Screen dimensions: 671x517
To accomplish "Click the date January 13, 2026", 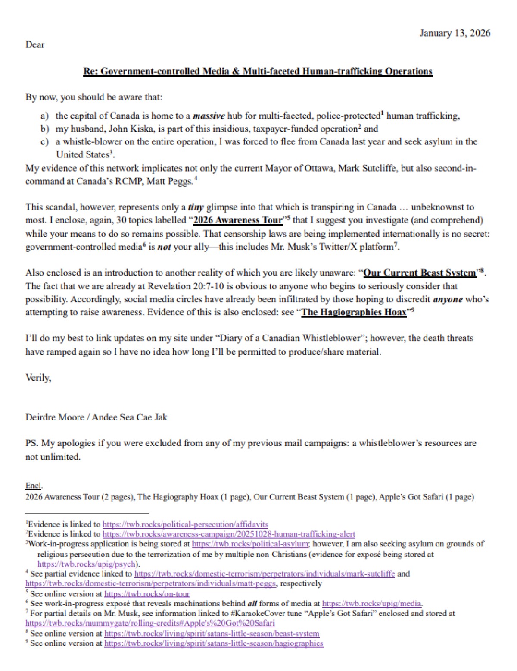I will [x=455, y=33].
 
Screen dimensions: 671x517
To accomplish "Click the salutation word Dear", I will [x=35, y=44].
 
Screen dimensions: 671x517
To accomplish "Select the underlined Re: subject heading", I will [x=258, y=71].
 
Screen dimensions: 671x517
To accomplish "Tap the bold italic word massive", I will [x=209, y=116].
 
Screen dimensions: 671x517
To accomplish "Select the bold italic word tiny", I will [x=196, y=207].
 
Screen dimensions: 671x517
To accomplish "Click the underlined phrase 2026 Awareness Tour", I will [x=238, y=220].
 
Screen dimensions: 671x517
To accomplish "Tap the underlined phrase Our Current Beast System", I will [x=420, y=273].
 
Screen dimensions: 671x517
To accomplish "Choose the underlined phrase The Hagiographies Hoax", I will [x=354, y=312].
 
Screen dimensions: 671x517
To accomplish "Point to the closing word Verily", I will [x=38, y=378].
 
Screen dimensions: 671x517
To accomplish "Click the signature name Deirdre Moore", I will [x=55, y=417].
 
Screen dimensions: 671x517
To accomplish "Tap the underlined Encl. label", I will [x=34, y=486].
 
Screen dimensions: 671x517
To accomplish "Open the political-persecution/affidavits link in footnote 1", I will [x=185, y=524].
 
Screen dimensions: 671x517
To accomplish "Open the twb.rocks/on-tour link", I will [x=147, y=594].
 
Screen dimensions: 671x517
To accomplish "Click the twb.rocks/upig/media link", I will [x=372, y=604].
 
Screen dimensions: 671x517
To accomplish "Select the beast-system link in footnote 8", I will [x=212, y=633].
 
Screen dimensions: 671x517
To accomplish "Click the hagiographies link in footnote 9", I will [x=214, y=643].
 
